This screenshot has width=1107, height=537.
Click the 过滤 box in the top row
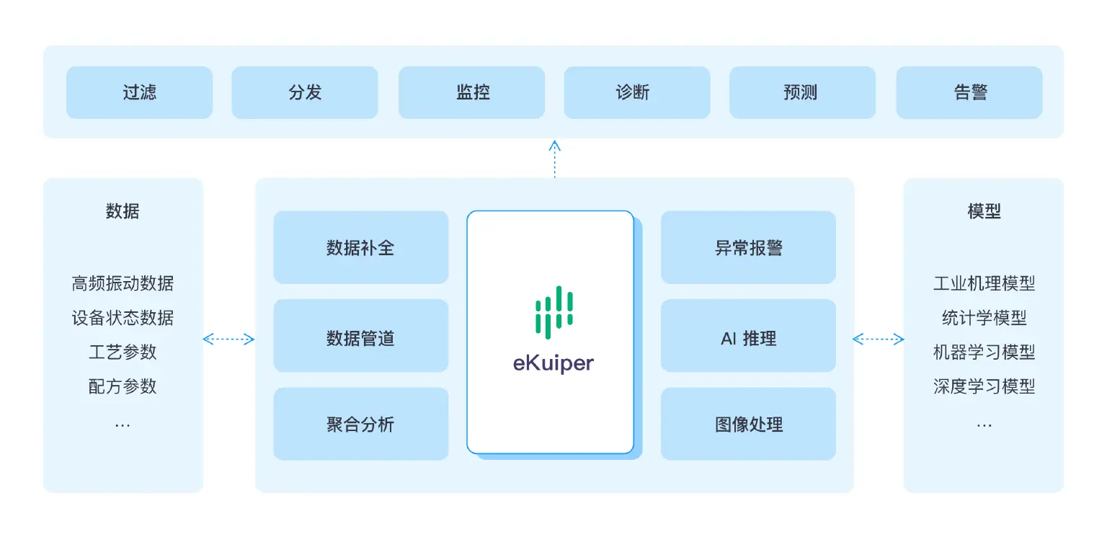139,92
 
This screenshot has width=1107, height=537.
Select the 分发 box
305,92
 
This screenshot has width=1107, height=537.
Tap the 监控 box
472,92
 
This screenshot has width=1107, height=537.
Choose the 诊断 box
637,92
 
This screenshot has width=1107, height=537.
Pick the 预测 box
802,92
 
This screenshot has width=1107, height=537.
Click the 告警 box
969,92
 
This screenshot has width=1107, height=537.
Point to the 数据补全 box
360,247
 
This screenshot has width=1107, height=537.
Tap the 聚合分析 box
360,424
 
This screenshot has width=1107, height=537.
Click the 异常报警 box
748,247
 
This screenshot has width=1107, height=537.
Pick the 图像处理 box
748,424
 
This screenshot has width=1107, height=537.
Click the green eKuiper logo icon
553,312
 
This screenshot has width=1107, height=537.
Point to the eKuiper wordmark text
553,363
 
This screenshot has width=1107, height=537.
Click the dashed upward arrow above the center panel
554,159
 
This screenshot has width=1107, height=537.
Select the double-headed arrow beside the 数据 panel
228,339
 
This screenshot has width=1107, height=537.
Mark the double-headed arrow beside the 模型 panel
878,339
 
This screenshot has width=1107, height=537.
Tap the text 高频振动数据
123,283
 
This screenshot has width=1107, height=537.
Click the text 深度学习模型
984,386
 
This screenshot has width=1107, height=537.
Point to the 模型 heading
984,211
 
